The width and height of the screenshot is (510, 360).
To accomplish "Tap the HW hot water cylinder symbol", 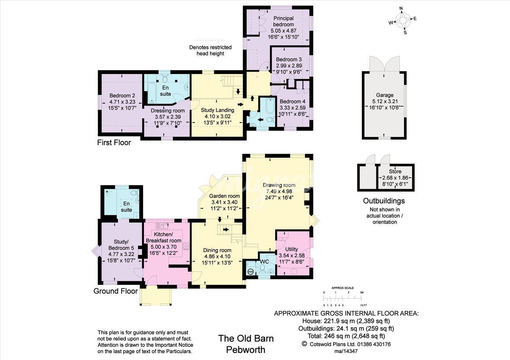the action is click(x=251, y=272).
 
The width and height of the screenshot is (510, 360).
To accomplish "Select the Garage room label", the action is click(x=384, y=95).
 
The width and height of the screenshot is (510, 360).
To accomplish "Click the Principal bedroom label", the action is click(x=283, y=21).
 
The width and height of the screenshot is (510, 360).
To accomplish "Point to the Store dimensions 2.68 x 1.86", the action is click(x=395, y=178).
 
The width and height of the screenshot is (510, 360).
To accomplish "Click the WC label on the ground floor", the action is click(x=264, y=262).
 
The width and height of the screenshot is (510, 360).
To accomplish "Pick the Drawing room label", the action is click(x=279, y=185).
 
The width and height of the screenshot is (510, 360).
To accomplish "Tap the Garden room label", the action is click(x=224, y=196).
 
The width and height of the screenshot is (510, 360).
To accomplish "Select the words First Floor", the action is click(x=114, y=143).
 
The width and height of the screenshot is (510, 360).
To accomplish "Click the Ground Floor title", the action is click(x=116, y=291).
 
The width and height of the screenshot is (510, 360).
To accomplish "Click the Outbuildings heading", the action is click(x=384, y=201).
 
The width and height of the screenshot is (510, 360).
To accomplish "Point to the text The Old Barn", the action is click(x=246, y=338).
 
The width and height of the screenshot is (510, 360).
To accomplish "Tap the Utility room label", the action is click(x=291, y=249).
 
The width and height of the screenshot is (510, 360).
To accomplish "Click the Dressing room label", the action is click(x=168, y=111).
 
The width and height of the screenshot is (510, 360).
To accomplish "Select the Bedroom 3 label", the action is click(x=289, y=59).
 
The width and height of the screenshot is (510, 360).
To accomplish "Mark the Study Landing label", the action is click(x=218, y=110).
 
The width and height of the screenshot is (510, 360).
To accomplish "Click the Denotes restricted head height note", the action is click(x=210, y=50).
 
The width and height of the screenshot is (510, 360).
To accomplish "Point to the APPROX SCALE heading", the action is click(x=343, y=288).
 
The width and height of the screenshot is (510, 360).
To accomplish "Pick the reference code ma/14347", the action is click(x=346, y=351).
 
